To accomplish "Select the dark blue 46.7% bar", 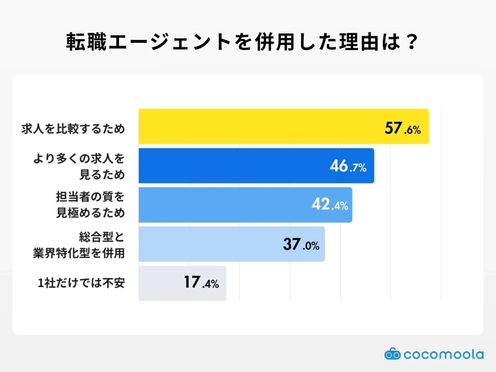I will coord(233,166).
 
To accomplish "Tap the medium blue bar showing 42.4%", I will coord(223,205).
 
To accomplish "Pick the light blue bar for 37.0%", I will coord(209,244).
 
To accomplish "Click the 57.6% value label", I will coord(402,129).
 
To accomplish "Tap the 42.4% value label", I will coord(329,205).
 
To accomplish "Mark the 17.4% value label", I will coord(201,283).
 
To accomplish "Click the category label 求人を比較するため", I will coord(74,129).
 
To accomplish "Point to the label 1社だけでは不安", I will coord(81,283).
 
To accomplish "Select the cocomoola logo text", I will coord(443,355).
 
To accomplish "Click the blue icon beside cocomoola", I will coord(392,354).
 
